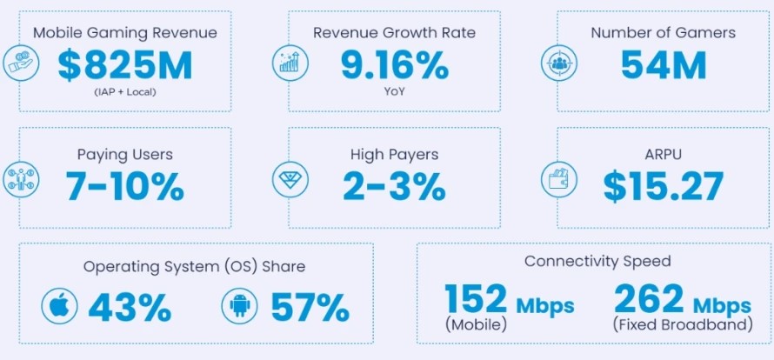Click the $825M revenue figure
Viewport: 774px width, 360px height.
tap(125, 65)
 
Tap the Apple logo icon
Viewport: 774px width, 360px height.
tap(59, 306)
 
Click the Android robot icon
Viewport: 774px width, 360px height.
tap(240, 306)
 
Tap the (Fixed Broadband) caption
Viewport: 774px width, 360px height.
tap(682, 326)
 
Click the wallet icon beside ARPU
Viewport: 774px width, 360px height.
tap(554, 182)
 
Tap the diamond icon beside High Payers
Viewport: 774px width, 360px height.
tap(286, 180)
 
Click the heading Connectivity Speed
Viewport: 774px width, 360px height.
tap(597, 261)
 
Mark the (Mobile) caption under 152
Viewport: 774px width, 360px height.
tap(476, 326)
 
